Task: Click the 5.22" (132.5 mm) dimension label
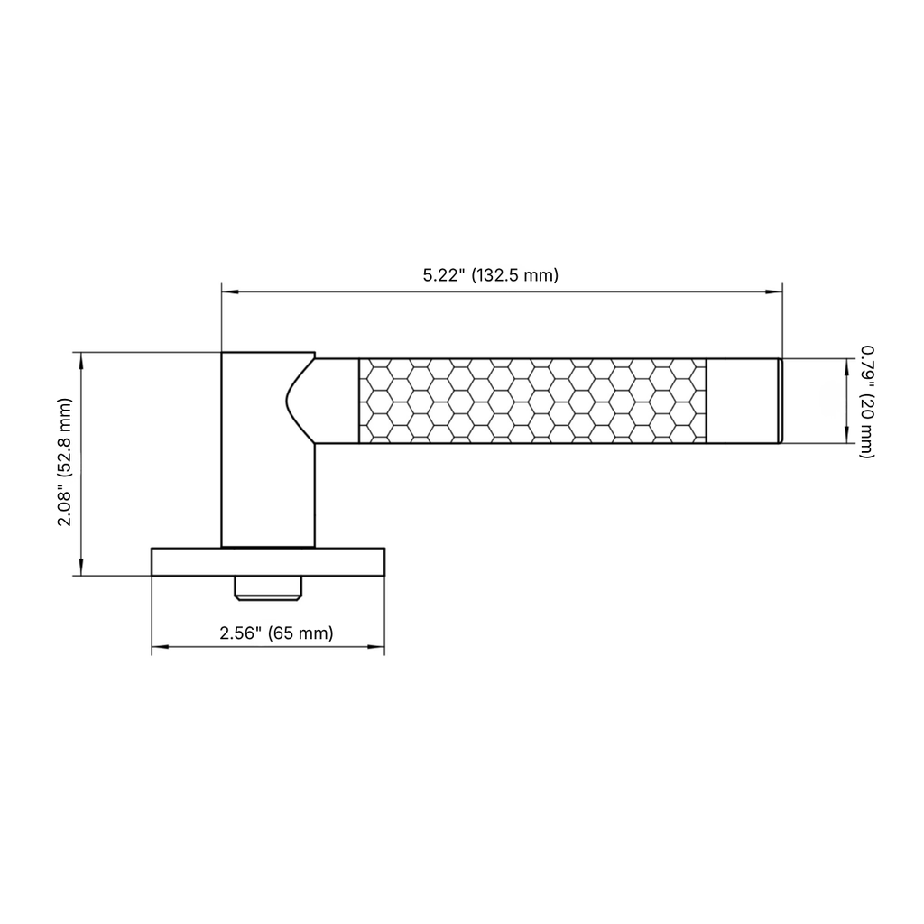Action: pos(490,275)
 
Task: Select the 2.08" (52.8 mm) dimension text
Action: pos(65,462)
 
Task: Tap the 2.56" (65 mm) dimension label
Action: pos(276,633)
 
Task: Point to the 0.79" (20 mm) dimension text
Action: pos(867,402)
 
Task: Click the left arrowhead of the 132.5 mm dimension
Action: pos(230,291)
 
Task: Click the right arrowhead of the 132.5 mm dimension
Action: pos(773,291)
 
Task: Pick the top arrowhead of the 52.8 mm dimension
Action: pos(81,361)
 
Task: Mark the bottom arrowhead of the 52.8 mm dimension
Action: pos(81,567)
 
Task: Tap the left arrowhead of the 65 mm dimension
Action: pos(161,647)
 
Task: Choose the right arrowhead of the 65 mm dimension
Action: pos(376,647)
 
